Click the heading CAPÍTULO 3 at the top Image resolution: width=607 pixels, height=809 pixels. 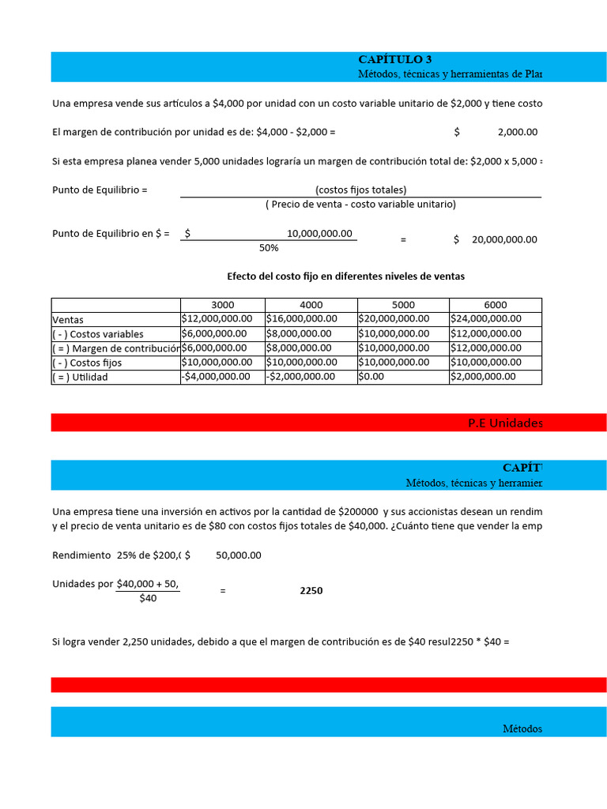tap(394, 59)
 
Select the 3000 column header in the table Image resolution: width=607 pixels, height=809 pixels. tap(222, 305)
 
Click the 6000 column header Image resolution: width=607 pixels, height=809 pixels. tap(495, 305)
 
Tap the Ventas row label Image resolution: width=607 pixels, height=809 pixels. tap(68, 320)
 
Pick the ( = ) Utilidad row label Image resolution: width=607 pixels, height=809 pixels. tap(80, 378)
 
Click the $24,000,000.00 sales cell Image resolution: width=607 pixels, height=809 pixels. tap(486, 319)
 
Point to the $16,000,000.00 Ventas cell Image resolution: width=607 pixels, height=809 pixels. tap(302, 319)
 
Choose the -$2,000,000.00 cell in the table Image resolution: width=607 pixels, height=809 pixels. tap(302, 377)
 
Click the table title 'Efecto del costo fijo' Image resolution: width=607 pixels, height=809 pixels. tap(345, 277)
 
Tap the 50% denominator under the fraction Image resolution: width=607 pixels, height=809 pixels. tap(269, 248)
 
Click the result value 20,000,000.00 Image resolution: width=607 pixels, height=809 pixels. tap(504, 240)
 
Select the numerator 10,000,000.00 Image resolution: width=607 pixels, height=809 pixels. tap(319, 234)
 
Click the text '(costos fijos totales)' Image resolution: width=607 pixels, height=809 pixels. tap(360, 190)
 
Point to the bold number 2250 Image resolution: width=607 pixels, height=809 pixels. tap(311, 591)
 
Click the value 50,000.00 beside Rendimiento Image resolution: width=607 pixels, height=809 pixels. tap(238, 555)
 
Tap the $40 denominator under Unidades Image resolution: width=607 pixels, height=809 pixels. tap(148, 599)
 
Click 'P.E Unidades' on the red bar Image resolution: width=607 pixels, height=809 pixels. tap(505, 423)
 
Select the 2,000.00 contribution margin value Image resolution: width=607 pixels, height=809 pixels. tap(517, 133)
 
